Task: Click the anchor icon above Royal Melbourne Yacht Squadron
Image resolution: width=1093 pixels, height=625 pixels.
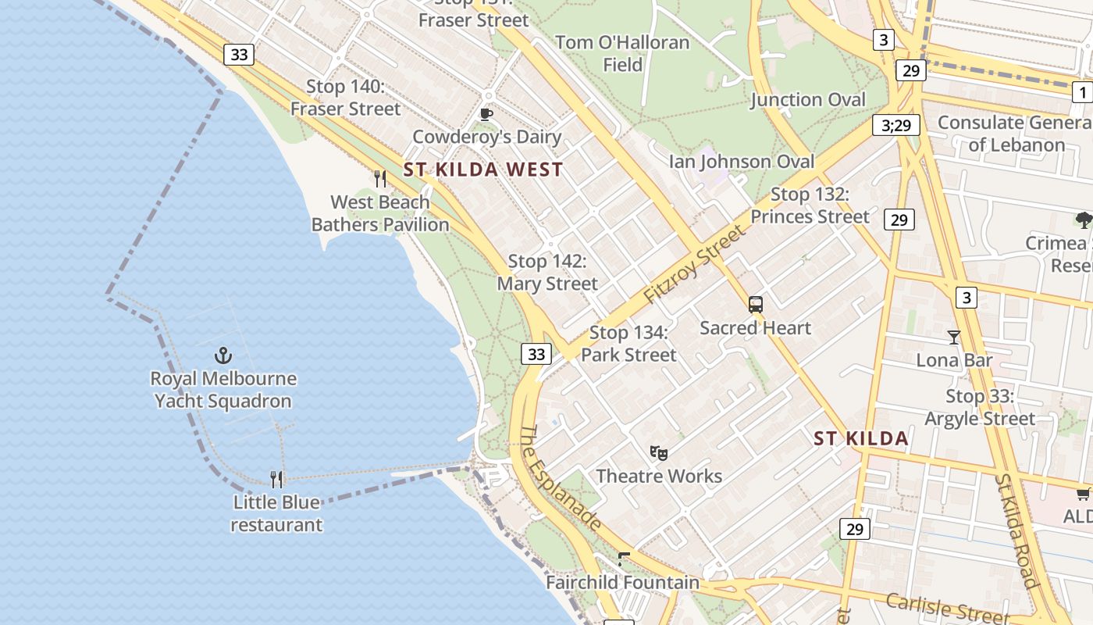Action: (223, 355)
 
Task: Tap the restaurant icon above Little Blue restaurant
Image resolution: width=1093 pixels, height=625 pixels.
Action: (276, 479)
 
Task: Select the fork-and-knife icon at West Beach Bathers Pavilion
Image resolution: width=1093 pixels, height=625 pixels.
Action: (380, 179)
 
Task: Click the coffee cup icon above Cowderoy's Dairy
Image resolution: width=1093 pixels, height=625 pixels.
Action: (486, 115)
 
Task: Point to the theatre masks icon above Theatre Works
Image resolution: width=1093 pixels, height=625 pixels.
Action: (659, 452)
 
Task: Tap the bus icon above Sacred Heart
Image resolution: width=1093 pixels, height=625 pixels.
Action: (755, 305)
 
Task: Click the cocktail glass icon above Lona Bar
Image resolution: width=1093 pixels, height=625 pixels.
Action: (953, 337)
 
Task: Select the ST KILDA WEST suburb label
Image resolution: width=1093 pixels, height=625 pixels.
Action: (483, 170)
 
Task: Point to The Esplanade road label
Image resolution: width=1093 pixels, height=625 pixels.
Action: (561, 478)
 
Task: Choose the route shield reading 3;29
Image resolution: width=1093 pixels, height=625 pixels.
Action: (895, 125)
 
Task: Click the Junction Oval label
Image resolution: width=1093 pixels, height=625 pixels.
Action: (808, 99)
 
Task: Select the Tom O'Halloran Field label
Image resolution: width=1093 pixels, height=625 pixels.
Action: (622, 53)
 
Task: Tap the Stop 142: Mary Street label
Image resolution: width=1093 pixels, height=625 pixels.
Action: (547, 273)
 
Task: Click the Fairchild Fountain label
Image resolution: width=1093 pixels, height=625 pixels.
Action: (622, 582)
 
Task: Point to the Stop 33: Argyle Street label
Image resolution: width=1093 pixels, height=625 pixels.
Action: (980, 407)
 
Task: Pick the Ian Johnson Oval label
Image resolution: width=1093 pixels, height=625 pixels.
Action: (742, 162)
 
